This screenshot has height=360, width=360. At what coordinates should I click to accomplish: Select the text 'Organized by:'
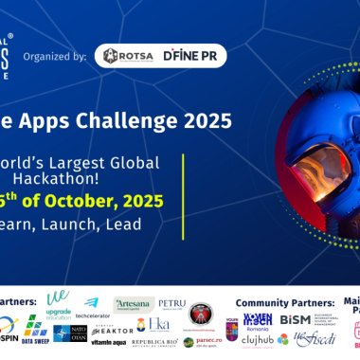[x=59, y=57]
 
